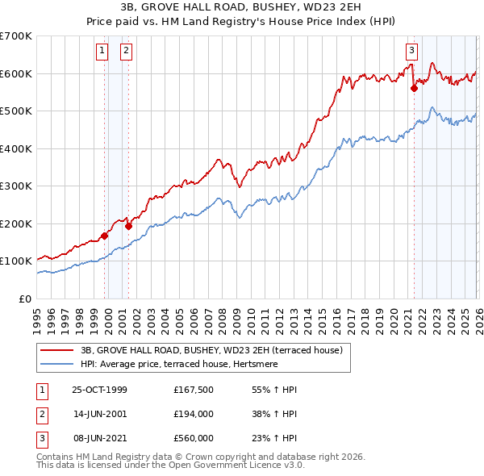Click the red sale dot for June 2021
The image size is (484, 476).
[x=414, y=89]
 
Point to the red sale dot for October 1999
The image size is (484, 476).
[x=105, y=236]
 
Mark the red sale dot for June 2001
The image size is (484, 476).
[x=128, y=226]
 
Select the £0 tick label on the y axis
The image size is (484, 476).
[x=26, y=299]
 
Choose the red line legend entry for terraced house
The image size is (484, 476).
[x=212, y=350]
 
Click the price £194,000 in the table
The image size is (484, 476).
[x=194, y=414]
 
